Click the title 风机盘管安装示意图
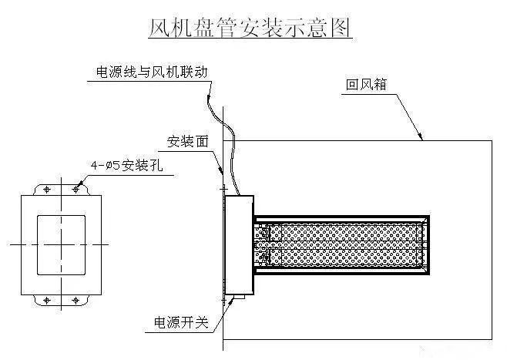250,28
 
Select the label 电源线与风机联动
152,72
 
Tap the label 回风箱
366,85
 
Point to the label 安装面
188,142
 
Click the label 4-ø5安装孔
126,166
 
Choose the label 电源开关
181,322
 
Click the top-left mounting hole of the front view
47,190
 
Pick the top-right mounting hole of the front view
76,190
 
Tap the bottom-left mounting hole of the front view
47,301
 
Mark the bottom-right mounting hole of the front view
76,301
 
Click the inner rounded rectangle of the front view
38,245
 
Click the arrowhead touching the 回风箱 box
420,136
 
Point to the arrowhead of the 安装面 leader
221,170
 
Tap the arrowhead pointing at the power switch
231,301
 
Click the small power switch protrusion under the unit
240,297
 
